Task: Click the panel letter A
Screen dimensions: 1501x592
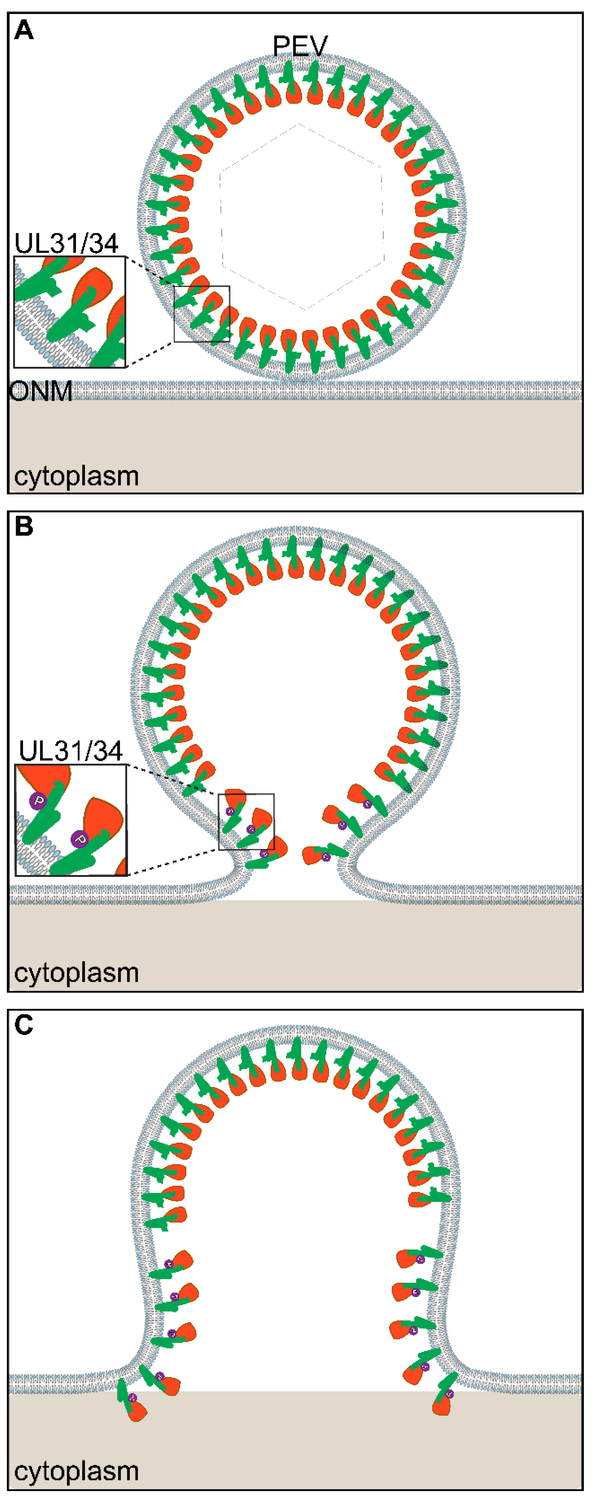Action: tap(24, 30)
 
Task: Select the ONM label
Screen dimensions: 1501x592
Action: tap(41, 391)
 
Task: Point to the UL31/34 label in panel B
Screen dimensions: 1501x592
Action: tap(70, 751)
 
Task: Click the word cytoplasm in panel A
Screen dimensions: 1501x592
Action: tap(76, 476)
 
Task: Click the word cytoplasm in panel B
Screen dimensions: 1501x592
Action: tap(76, 972)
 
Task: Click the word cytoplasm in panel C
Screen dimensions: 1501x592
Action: tap(76, 1471)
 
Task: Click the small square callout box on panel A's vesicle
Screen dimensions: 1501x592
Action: tap(202, 314)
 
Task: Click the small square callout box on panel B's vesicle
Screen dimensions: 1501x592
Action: tap(246, 822)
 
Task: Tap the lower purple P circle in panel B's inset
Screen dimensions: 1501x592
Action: tap(80, 839)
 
